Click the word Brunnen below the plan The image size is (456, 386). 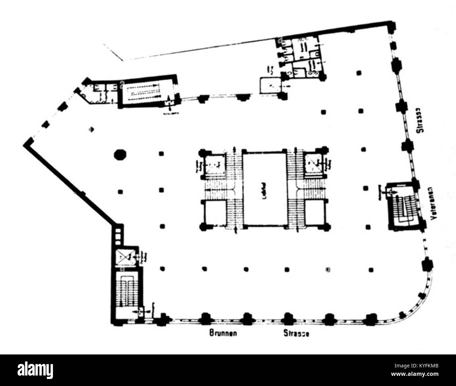pos(223,333)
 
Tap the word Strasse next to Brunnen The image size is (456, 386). pos(296,333)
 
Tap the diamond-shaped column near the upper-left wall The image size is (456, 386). pos(92,129)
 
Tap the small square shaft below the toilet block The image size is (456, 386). pos(270,86)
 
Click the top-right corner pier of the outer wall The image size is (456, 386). pos(392,25)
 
